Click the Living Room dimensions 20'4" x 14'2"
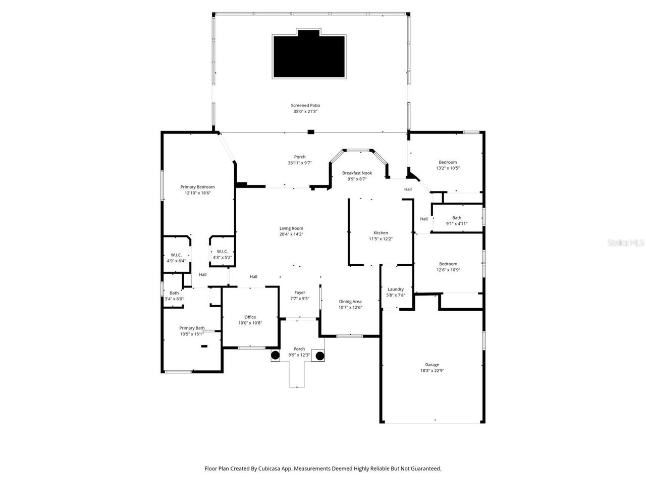[291, 234]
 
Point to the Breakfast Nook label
[357, 173]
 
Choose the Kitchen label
[381, 233]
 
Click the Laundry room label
[396, 289]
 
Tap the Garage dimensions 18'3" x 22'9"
[432, 370]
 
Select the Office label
[250, 317]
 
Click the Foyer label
[300, 293]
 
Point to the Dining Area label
[350, 302]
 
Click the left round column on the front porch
[275, 356]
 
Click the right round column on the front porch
[320, 356]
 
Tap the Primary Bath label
[192, 328]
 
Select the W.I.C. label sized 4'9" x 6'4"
[176, 255]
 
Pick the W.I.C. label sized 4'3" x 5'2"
[222, 252]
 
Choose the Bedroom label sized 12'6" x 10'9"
[448, 264]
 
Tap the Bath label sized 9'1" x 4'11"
[456, 218]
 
